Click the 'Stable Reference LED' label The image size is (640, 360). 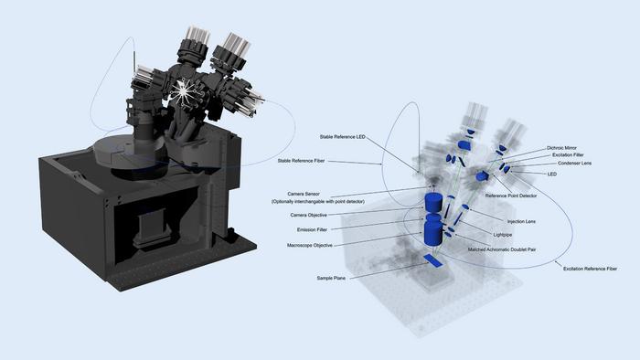tap(337, 137)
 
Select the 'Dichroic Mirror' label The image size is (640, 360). tap(565, 146)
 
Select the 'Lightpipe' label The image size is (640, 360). tap(503, 235)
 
